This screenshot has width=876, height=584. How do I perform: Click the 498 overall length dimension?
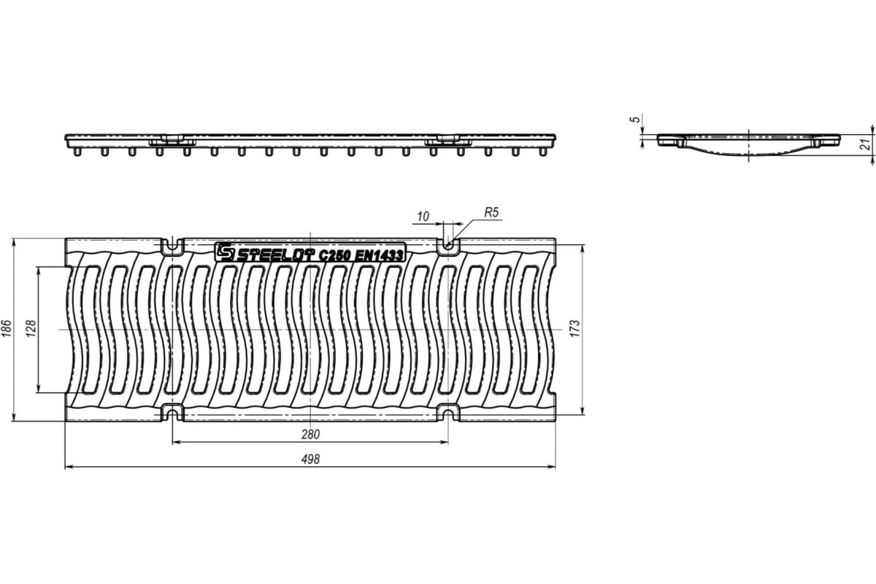(310, 459)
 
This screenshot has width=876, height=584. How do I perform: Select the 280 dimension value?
(310, 434)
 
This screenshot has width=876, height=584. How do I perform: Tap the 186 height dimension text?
(7, 330)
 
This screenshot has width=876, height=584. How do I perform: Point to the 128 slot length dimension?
(30, 330)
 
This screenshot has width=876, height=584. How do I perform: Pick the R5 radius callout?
(491, 212)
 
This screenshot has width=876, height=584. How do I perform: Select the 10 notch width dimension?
(423, 216)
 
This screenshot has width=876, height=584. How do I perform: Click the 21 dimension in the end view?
(865, 145)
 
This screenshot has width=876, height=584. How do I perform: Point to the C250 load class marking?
(334, 255)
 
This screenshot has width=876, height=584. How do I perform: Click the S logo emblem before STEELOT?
(224, 252)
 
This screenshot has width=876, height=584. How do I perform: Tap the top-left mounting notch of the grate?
(172, 246)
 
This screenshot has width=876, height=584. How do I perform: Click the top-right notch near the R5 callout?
(448, 246)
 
